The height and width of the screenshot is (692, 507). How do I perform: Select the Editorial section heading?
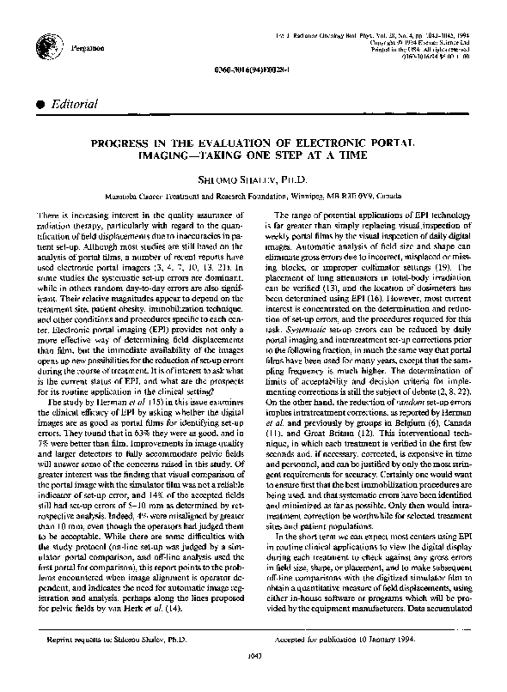(76, 104)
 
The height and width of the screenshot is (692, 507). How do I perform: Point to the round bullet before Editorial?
(41, 104)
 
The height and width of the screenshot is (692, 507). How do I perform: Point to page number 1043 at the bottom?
(253, 678)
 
